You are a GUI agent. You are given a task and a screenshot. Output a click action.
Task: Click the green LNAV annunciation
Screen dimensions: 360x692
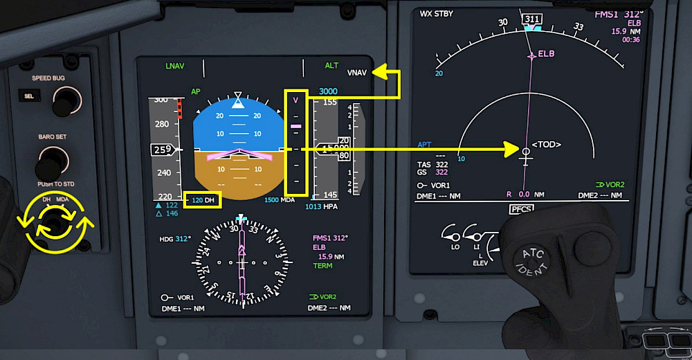(x=174, y=66)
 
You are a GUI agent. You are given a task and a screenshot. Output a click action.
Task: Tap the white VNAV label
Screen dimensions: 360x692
(x=357, y=73)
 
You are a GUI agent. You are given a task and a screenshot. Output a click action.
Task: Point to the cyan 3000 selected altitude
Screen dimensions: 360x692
(x=328, y=91)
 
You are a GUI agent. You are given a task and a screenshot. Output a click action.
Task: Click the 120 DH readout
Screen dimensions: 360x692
(x=203, y=200)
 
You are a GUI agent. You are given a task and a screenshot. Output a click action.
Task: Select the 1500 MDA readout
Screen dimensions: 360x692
(x=280, y=200)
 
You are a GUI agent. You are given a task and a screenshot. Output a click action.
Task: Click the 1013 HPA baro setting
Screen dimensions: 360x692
(x=321, y=206)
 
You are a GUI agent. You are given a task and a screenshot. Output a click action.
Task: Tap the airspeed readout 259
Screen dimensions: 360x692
(x=163, y=150)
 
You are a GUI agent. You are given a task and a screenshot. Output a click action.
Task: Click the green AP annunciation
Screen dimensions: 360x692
(x=196, y=91)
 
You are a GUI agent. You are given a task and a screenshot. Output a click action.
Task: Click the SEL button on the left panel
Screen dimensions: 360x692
(x=29, y=96)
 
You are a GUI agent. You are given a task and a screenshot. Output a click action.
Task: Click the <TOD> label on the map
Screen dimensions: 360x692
(x=546, y=145)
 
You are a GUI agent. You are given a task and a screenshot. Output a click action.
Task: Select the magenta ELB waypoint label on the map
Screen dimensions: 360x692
(x=546, y=53)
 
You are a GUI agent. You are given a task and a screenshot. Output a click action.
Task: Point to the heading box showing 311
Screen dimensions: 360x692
(x=533, y=19)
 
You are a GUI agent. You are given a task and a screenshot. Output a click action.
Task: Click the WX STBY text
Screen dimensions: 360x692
(x=436, y=14)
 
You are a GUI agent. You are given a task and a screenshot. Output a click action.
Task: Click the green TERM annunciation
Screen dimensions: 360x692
(x=322, y=266)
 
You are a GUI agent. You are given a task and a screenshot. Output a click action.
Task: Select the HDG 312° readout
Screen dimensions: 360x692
(x=175, y=239)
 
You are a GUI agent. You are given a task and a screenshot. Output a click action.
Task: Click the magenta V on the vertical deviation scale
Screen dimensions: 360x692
(x=295, y=100)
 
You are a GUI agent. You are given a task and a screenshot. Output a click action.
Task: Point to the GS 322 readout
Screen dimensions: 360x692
(x=433, y=172)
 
